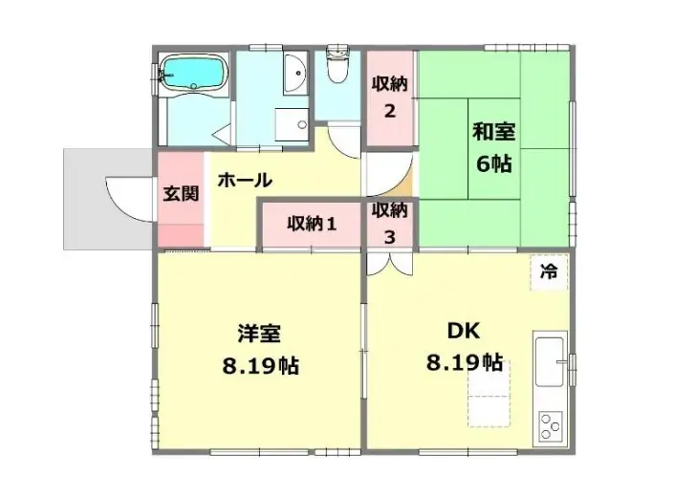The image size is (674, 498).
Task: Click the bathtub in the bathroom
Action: coord(193,73)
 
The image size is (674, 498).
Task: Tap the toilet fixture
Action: coord(338,64)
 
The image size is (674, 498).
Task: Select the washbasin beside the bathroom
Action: coord(295,73)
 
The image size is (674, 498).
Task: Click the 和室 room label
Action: coord(494,132)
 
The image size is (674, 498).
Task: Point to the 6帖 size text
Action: coord(494,163)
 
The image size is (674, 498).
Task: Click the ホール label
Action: coord(245,180)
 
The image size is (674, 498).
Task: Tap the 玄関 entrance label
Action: coord(181,194)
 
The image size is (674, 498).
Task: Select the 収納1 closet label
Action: coord(312,224)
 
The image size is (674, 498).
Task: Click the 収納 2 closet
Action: coord(389,97)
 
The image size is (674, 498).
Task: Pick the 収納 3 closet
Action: coord(389,224)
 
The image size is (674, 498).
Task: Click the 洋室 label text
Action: coord(259,334)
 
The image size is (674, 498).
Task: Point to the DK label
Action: coord(464,331)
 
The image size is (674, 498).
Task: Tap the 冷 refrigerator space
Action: coord(549,272)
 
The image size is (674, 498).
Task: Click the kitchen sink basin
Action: coord(549,361)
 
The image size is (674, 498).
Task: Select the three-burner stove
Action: coord(551,425)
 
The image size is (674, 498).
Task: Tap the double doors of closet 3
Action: coord(389,264)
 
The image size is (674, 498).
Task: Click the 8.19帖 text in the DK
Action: coord(465,362)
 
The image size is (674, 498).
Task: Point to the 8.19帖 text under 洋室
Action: coord(260,366)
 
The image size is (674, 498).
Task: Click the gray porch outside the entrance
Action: coord(107,199)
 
